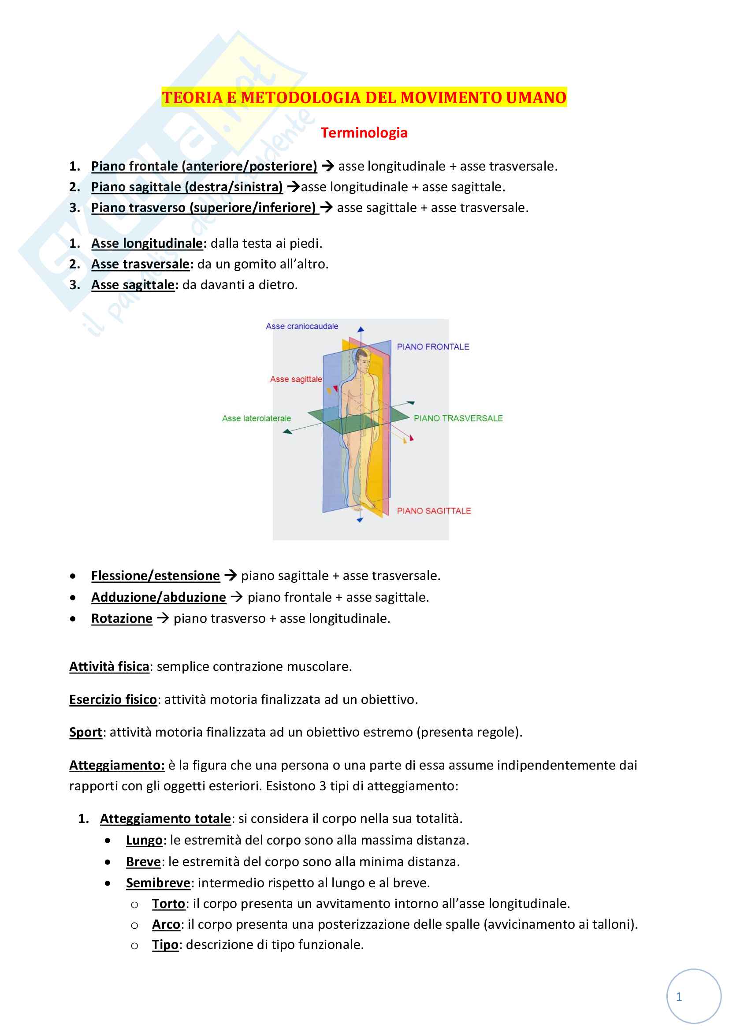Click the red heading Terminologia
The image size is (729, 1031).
[364, 133]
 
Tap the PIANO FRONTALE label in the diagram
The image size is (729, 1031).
[433, 346]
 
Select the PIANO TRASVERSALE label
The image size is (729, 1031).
[458, 418]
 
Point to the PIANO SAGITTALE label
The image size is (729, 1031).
[434, 510]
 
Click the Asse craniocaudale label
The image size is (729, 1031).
[301, 327]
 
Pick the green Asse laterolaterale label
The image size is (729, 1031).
[257, 418]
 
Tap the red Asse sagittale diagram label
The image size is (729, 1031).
[296, 380]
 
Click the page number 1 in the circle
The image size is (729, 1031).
[679, 997]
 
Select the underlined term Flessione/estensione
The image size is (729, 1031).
[155, 576]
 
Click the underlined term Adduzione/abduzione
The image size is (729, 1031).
[159, 597]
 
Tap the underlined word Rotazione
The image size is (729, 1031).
[122, 618]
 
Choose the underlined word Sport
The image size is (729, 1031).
[86, 732]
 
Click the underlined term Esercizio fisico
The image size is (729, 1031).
[113, 699]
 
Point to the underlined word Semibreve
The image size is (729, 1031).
[158, 883]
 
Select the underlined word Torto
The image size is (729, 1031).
[168, 904]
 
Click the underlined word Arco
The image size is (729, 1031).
[166, 924]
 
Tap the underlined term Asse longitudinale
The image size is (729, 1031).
[147, 243]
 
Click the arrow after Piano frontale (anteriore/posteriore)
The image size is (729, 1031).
[327, 166]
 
